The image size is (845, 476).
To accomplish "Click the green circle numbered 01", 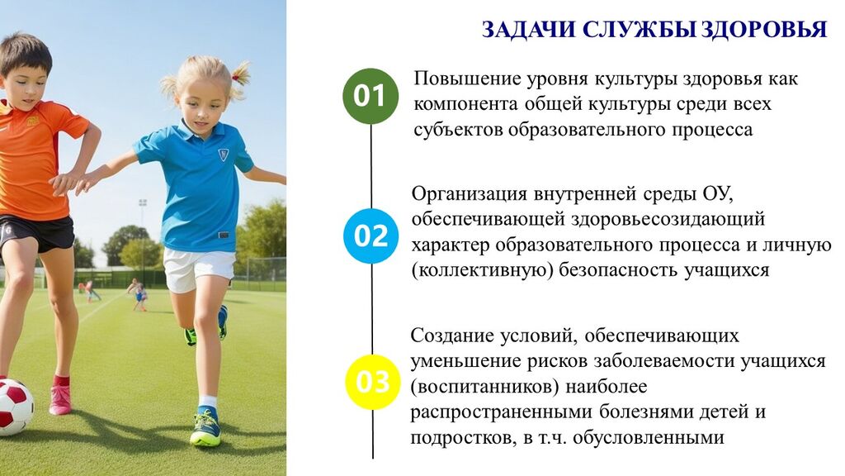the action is coord(371,96).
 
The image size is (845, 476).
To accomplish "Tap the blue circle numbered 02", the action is coord(371,236).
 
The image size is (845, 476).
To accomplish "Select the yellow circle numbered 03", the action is coord(372,382).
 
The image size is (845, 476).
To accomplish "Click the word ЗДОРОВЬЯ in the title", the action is coord(764,30).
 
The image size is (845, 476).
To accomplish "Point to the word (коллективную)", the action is coord(482,270).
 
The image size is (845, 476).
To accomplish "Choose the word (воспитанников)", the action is coord(485,387).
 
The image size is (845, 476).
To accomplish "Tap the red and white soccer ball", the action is coord(15,406).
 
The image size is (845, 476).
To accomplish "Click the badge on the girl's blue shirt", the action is coord(223,155).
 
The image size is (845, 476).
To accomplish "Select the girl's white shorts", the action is coord(199,269).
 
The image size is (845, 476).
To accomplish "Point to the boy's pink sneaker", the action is coord(59,399).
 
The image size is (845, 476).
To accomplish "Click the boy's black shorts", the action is coord(37,233).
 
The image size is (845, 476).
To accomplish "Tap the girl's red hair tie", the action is coord(235,78).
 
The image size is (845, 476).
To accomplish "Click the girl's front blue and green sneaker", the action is coord(205,428).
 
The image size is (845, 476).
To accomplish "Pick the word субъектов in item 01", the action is coord(458,130).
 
